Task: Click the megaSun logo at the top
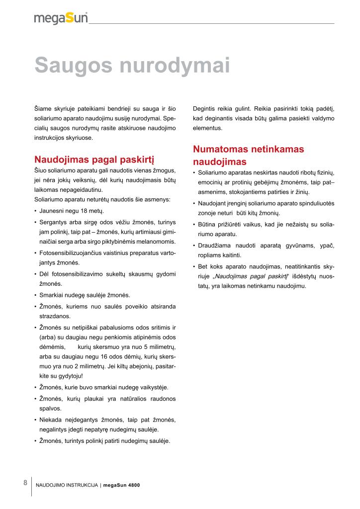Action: coord(61,18)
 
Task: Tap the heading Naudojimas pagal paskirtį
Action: coord(94,160)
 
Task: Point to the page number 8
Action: coord(25,483)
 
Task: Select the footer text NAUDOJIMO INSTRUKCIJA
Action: coord(67,486)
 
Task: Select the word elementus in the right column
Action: coord(207,128)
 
